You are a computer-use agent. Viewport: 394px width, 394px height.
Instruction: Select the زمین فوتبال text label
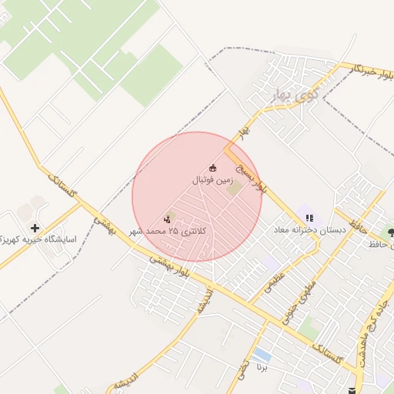tap(212, 180)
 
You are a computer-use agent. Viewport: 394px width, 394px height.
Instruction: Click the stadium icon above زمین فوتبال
tap(213, 169)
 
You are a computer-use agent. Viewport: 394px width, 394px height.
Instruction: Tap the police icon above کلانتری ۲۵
tap(168, 219)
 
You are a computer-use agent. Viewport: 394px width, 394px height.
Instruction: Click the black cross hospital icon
tap(35, 228)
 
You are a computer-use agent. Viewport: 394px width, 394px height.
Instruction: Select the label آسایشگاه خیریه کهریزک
tap(38, 239)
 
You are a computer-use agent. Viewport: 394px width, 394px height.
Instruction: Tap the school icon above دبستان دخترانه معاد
tap(309, 219)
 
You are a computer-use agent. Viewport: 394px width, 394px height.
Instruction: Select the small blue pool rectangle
tap(262, 355)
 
